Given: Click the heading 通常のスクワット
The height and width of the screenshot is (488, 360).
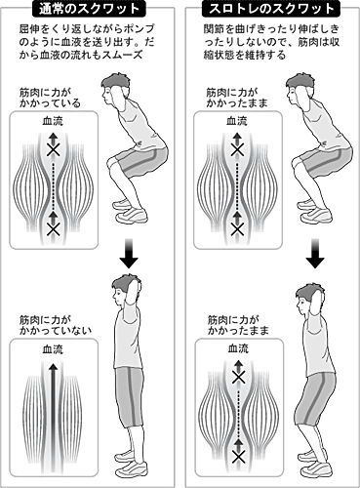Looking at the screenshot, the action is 88,9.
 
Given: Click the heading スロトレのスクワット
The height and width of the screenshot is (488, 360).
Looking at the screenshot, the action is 271,9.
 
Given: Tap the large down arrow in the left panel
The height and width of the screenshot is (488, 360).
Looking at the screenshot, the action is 129,254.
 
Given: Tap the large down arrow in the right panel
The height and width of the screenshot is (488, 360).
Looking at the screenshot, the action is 315,254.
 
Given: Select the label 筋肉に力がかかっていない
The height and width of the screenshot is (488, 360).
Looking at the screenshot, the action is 56,325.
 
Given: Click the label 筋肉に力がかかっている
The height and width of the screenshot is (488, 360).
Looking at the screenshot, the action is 50,98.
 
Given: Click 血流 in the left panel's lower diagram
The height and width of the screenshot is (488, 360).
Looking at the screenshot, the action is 53,349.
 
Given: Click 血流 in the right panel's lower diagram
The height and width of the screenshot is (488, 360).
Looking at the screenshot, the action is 238,348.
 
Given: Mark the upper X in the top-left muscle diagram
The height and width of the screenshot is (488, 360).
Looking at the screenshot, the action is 53,150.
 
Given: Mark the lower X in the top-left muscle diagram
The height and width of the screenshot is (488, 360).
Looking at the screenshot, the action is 54,228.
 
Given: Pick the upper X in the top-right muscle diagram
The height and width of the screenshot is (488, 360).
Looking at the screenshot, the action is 237,150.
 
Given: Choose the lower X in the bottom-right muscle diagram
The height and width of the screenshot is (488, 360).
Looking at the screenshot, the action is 239,457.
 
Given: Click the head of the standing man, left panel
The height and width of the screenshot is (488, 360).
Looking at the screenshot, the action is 125,289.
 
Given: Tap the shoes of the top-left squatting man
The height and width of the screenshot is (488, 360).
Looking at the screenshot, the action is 130,210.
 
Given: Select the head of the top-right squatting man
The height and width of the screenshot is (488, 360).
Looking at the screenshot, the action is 301,89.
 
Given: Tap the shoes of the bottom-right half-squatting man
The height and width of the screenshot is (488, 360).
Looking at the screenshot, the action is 314,463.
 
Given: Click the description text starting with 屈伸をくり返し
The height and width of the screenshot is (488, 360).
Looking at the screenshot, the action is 86,42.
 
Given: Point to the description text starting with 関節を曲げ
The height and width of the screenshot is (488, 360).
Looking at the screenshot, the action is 271,42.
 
